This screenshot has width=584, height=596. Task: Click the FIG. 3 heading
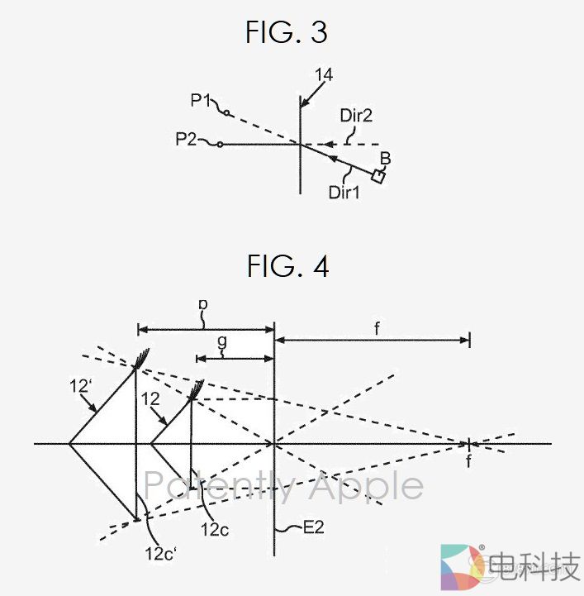point(287,32)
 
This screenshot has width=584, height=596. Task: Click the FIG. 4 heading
point(287,266)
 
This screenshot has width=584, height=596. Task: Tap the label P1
point(201,100)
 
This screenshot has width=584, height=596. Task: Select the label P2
point(187,140)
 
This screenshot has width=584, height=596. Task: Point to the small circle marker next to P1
point(226,113)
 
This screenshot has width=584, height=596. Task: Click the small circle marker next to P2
point(220,145)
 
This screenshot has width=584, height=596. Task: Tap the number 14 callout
point(324,75)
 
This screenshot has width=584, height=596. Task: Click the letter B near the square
point(384,158)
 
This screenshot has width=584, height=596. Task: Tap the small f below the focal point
point(468,462)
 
